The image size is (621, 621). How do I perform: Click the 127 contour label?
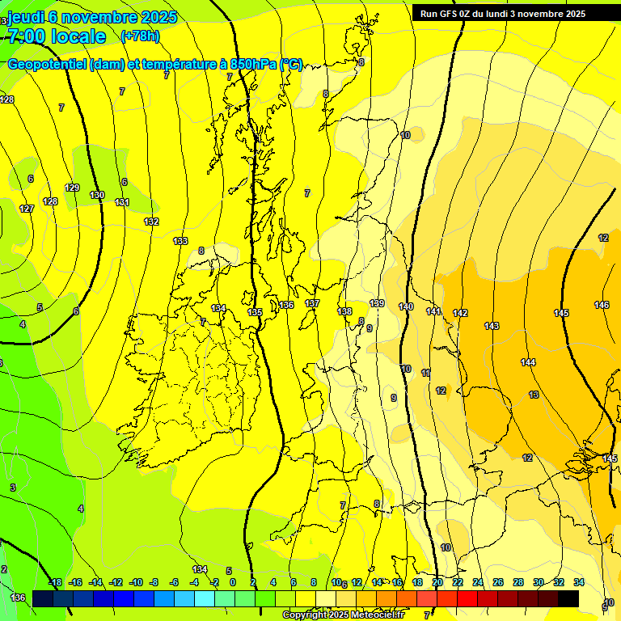click(x=27, y=209)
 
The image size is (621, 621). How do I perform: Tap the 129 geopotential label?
click(x=72, y=188)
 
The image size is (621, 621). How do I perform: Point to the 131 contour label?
click(x=122, y=202)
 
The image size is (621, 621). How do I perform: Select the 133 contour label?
click(x=180, y=241)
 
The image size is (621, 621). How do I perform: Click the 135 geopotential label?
click(x=255, y=312)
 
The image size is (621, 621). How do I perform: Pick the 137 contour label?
click(x=313, y=303)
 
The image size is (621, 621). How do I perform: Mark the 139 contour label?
click(x=377, y=303)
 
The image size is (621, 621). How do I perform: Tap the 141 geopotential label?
click(x=433, y=311)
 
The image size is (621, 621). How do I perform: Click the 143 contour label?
click(x=492, y=326)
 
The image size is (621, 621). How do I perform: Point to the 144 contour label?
click(x=528, y=362)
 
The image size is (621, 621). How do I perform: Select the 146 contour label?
click(x=602, y=305)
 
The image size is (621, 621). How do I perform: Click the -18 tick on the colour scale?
click(x=55, y=582)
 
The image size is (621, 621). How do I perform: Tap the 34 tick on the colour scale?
click(x=579, y=582)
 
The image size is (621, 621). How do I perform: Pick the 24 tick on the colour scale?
click(x=478, y=582)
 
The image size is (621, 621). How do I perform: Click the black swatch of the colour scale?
click(x=568, y=598)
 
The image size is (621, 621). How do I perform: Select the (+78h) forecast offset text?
click(x=140, y=36)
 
